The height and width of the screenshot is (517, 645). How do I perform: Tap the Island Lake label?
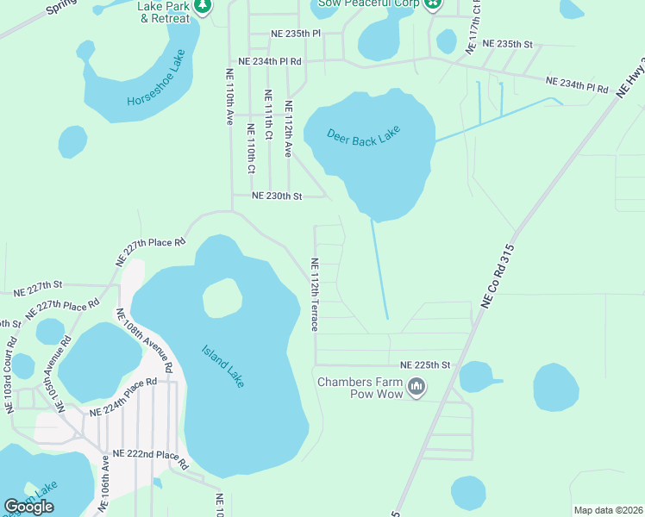[x=223, y=365]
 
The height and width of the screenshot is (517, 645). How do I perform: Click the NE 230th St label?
[x=277, y=196]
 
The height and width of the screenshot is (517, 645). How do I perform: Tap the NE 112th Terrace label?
[x=314, y=295]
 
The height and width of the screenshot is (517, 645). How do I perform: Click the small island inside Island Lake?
[x=222, y=298]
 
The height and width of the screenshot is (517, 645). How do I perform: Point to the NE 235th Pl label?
[x=295, y=33]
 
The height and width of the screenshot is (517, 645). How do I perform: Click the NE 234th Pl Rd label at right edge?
[x=577, y=84]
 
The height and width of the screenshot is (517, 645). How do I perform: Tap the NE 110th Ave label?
[x=230, y=97]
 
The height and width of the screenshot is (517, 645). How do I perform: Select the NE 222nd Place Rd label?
[x=150, y=458]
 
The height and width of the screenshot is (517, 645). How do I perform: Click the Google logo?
[x=28, y=507]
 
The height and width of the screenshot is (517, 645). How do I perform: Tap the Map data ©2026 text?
[x=607, y=510]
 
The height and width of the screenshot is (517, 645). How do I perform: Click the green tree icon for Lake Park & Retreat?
[x=204, y=7]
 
